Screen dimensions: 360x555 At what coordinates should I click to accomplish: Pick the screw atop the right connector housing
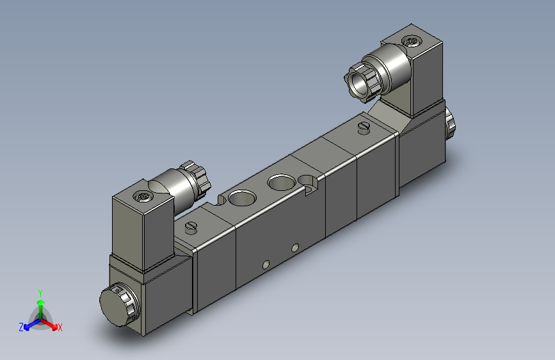(x=410, y=40)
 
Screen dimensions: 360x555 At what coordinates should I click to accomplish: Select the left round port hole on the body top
(x=241, y=197)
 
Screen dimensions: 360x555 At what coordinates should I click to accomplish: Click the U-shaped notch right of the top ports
(x=312, y=188)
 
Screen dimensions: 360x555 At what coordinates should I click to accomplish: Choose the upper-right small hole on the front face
(x=294, y=247)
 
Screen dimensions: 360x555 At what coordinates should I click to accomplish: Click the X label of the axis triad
(x=60, y=327)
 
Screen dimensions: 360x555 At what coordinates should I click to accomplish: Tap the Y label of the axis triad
(x=40, y=293)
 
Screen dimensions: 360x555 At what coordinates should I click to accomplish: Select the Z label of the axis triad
(x=21, y=327)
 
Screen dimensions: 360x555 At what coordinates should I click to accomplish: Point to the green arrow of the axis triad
(x=40, y=304)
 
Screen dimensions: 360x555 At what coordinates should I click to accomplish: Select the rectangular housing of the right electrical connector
(x=422, y=77)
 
